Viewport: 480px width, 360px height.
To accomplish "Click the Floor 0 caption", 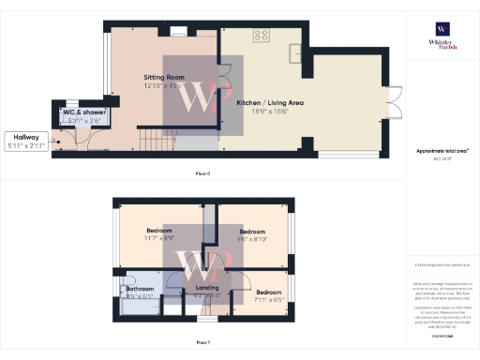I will [x=202, y=174].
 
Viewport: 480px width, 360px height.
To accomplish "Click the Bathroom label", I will [x=140, y=289].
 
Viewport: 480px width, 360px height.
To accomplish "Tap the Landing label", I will [x=206, y=288].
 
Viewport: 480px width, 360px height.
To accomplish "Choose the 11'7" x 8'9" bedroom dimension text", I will [x=158, y=238].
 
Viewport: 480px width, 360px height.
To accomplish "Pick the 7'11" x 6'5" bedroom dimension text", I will [x=269, y=300].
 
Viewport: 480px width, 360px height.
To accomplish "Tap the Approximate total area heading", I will [x=442, y=151].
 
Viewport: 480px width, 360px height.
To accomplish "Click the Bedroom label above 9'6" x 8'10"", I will [x=253, y=231].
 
